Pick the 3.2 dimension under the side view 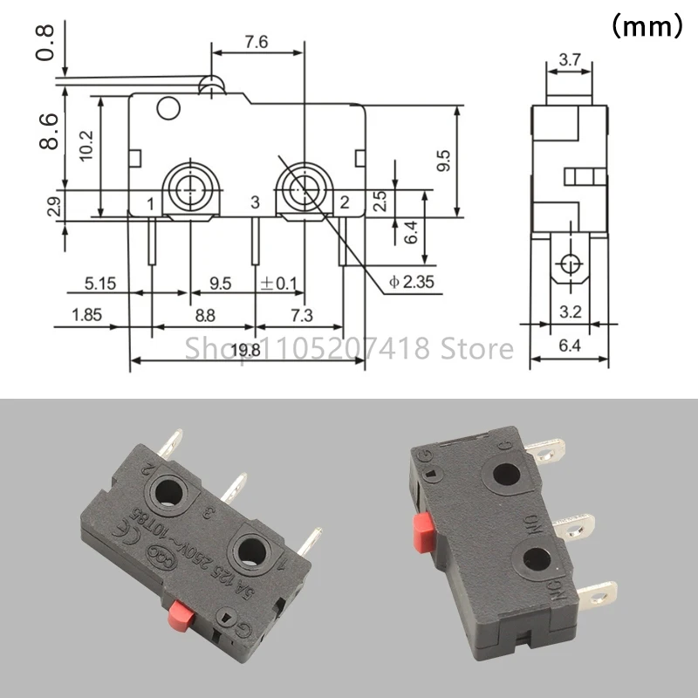point(570,311)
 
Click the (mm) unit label point(645,27)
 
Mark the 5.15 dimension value point(100,284)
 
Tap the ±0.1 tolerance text point(277,284)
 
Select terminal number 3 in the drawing point(255,202)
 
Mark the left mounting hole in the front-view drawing point(190,184)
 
